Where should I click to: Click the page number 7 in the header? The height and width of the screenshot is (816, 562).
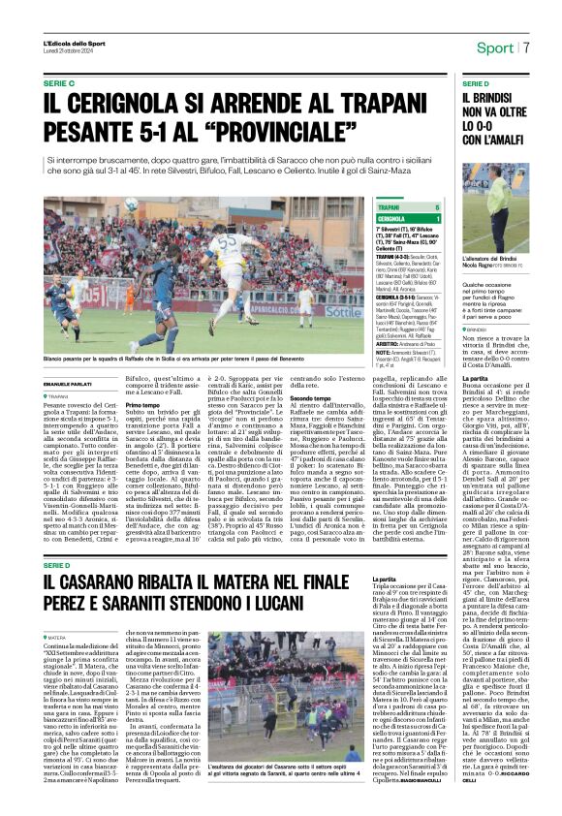(x=526, y=47)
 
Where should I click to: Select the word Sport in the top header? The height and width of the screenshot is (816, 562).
(x=495, y=47)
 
